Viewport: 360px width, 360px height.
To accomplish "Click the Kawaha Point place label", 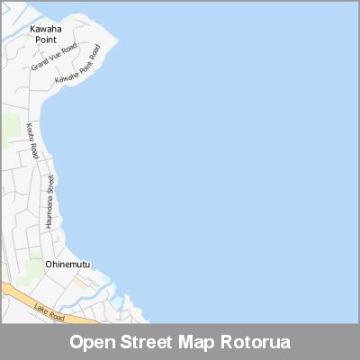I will tap(44, 34).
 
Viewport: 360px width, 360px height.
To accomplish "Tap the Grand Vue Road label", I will tap(54, 57).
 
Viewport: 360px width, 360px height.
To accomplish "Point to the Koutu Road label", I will tap(33, 140).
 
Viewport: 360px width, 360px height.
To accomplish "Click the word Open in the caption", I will tap(91, 343).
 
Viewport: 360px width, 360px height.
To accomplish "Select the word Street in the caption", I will tap(146, 343).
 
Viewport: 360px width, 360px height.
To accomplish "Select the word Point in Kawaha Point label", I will tap(44, 40).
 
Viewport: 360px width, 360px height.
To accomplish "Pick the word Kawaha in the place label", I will tap(44, 29).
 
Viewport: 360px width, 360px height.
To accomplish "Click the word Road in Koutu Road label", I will tap(35, 149).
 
